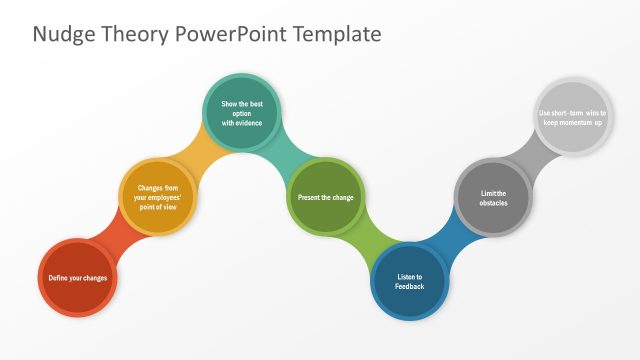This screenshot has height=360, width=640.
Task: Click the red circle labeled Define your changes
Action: (78, 277)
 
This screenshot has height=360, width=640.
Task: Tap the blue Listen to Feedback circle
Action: (410, 281)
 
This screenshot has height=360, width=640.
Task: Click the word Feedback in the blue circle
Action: (410, 287)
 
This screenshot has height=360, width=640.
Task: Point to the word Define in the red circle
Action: (59, 277)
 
